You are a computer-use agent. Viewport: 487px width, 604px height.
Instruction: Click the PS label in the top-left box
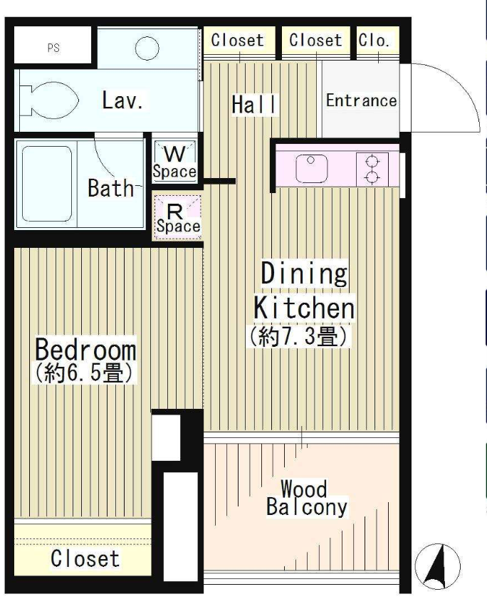tap(53, 48)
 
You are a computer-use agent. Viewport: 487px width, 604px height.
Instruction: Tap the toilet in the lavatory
tap(49, 100)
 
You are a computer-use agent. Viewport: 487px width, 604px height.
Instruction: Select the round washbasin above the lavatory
tap(147, 48)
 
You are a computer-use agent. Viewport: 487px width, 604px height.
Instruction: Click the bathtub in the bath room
tap(47, 184)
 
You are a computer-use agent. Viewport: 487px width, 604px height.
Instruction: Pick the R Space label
tap(178, 219)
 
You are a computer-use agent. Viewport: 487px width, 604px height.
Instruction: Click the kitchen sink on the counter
tap(311, 168)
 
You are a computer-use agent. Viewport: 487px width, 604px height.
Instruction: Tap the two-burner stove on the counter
tap(372, 169)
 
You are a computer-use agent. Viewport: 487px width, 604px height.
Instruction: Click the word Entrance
tap(361, 100)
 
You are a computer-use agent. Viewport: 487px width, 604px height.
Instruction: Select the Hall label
tap(254, 105)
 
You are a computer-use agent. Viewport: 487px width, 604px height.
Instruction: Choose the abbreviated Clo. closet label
tap(373, 40)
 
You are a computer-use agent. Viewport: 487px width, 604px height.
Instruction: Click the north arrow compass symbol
tap(437, 566)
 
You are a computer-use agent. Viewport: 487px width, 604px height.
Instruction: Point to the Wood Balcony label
tap(306, 498)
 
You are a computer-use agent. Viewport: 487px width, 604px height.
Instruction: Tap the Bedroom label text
tap(85, 350)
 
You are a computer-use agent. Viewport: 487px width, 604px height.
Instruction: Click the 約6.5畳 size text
tap(85, 373)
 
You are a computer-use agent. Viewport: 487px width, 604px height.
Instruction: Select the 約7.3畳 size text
tap(299, 336)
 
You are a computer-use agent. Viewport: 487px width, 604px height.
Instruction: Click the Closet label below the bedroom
tap(85, 558)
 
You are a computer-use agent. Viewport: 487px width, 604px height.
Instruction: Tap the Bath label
tap(110, 188)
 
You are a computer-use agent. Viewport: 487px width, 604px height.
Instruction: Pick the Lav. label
tap(122, 100)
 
